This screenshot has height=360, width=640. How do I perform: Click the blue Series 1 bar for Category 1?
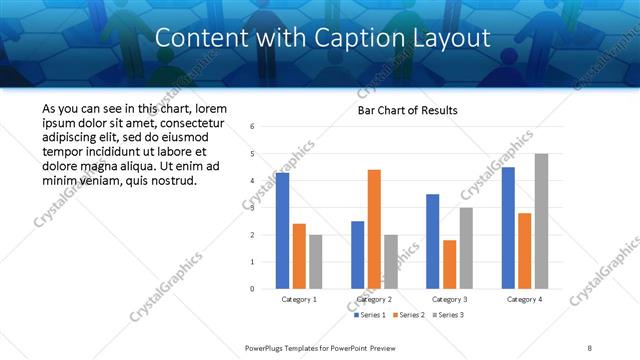[282, 230]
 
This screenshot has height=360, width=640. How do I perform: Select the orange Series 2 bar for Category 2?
[374, 229]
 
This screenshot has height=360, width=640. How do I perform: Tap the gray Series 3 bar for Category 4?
[541, 221]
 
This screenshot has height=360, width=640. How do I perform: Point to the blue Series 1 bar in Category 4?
[508, 228]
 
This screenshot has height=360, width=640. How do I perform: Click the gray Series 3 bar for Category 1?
[316, 261]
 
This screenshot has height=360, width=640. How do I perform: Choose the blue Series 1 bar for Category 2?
[357, 254]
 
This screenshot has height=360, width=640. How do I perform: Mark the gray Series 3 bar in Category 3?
[466, 248]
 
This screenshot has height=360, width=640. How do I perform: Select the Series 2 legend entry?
[406, 315]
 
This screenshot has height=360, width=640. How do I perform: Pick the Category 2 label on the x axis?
[374, 299]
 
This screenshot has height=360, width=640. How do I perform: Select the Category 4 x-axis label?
[524, 299]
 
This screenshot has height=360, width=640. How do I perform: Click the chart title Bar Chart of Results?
[407, 109]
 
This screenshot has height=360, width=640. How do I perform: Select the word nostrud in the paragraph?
[174, 181]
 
